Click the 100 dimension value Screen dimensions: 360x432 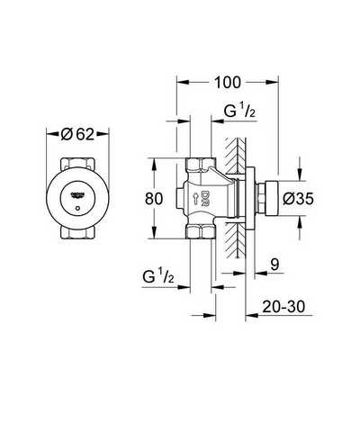pos(228,82)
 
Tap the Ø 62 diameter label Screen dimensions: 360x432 pos(77,134)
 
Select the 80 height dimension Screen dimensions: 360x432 pos(154,199)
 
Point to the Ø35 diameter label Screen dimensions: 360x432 pos(299,198)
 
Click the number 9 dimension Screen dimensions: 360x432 pos(274,265)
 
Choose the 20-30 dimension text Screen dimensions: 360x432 pos(283,307)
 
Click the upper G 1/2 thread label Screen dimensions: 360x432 pos(239,112)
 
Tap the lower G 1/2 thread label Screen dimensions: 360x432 pos(158,276)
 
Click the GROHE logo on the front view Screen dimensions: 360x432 pos(77,195)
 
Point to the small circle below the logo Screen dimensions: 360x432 pos(77,208)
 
